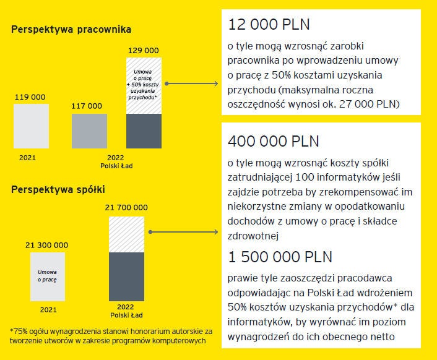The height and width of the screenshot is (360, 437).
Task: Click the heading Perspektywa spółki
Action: pos(58,189)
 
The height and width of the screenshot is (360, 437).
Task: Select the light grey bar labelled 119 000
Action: pos(31,126)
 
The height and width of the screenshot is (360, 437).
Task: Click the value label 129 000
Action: pos(143,49)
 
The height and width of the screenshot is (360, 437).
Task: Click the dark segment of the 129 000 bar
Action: pos(144,132)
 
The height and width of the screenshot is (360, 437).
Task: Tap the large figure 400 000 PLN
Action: pos(274,140)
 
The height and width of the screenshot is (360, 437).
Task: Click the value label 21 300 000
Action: pos(46,245)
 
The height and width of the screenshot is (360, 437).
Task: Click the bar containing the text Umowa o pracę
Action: pos(47,276)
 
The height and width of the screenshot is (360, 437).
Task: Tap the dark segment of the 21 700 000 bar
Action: pos(126,277)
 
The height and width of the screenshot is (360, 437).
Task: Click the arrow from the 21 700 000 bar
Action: pos(183,233)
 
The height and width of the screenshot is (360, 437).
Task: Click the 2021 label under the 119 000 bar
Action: pos(27,157)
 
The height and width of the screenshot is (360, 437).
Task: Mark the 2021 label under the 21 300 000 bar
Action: pos(48,309)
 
